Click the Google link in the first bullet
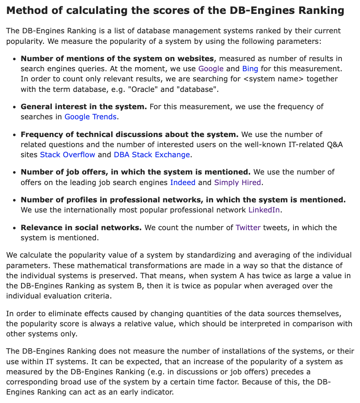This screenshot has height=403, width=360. [x=211, y=69]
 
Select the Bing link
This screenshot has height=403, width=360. [x=250, y=69]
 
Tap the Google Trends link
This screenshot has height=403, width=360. [x=90, y=117]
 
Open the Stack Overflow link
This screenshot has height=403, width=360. [x=67, y=155]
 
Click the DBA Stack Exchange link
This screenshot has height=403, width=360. [x=152, y=155]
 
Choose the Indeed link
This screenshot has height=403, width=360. [x=183, y=183]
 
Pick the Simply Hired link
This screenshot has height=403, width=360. [x=237, y=183]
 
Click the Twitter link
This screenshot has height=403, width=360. [x=248, y=228]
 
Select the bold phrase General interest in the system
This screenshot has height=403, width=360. [x=84, y=107]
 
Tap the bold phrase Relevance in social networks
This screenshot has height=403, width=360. [x=81, y=228]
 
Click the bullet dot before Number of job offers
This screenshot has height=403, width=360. [x=15, y=172]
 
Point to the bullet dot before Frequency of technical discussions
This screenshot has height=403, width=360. [x=15, y=135]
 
